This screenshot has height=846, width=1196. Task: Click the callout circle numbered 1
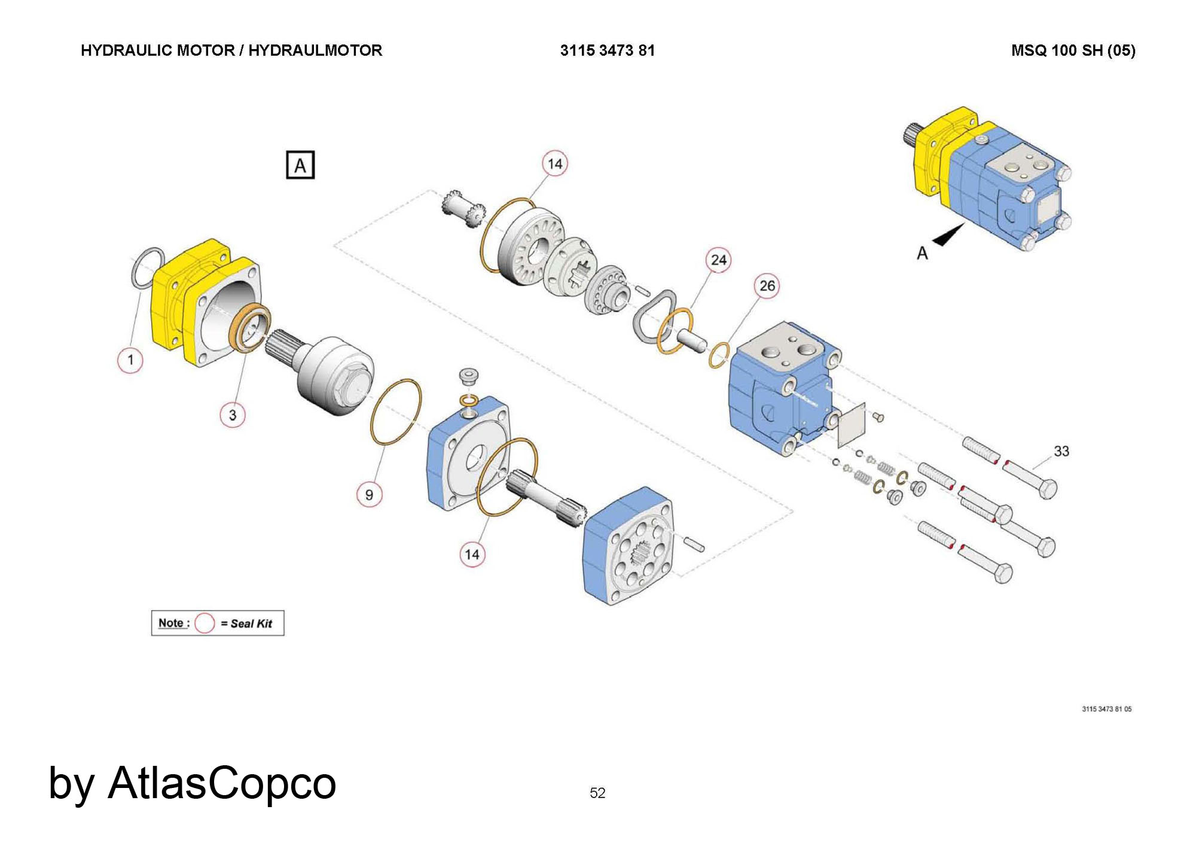click(x=130, y=360)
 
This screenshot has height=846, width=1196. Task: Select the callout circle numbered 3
click(x=233, y=415)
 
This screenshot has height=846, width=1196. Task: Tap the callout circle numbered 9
click(x=369, y=495)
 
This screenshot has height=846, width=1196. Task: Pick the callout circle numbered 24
click(x=718, y=260)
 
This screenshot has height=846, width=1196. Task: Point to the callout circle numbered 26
click(x=767, y=286)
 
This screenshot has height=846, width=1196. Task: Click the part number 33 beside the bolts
click(x=1061, y=451)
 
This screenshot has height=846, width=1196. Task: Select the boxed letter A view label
click(x=300, y=165)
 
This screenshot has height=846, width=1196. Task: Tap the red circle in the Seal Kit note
click(x=205, y=623)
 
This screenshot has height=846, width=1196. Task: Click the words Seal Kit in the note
click(x=251, y=623)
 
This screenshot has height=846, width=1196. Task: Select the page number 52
click(x=597, y=793)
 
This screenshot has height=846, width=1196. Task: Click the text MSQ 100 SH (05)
click(x=1073, y=50)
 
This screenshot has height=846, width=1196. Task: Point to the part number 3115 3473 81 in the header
click(x=607, y=50)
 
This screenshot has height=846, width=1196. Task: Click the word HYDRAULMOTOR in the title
click(x=315, y=50)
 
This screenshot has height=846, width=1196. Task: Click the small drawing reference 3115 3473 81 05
click(x=1106, y=709)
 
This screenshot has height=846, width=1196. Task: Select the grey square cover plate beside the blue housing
click(x=852, y=424)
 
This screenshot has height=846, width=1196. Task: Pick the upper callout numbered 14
click(x=555, y=164)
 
